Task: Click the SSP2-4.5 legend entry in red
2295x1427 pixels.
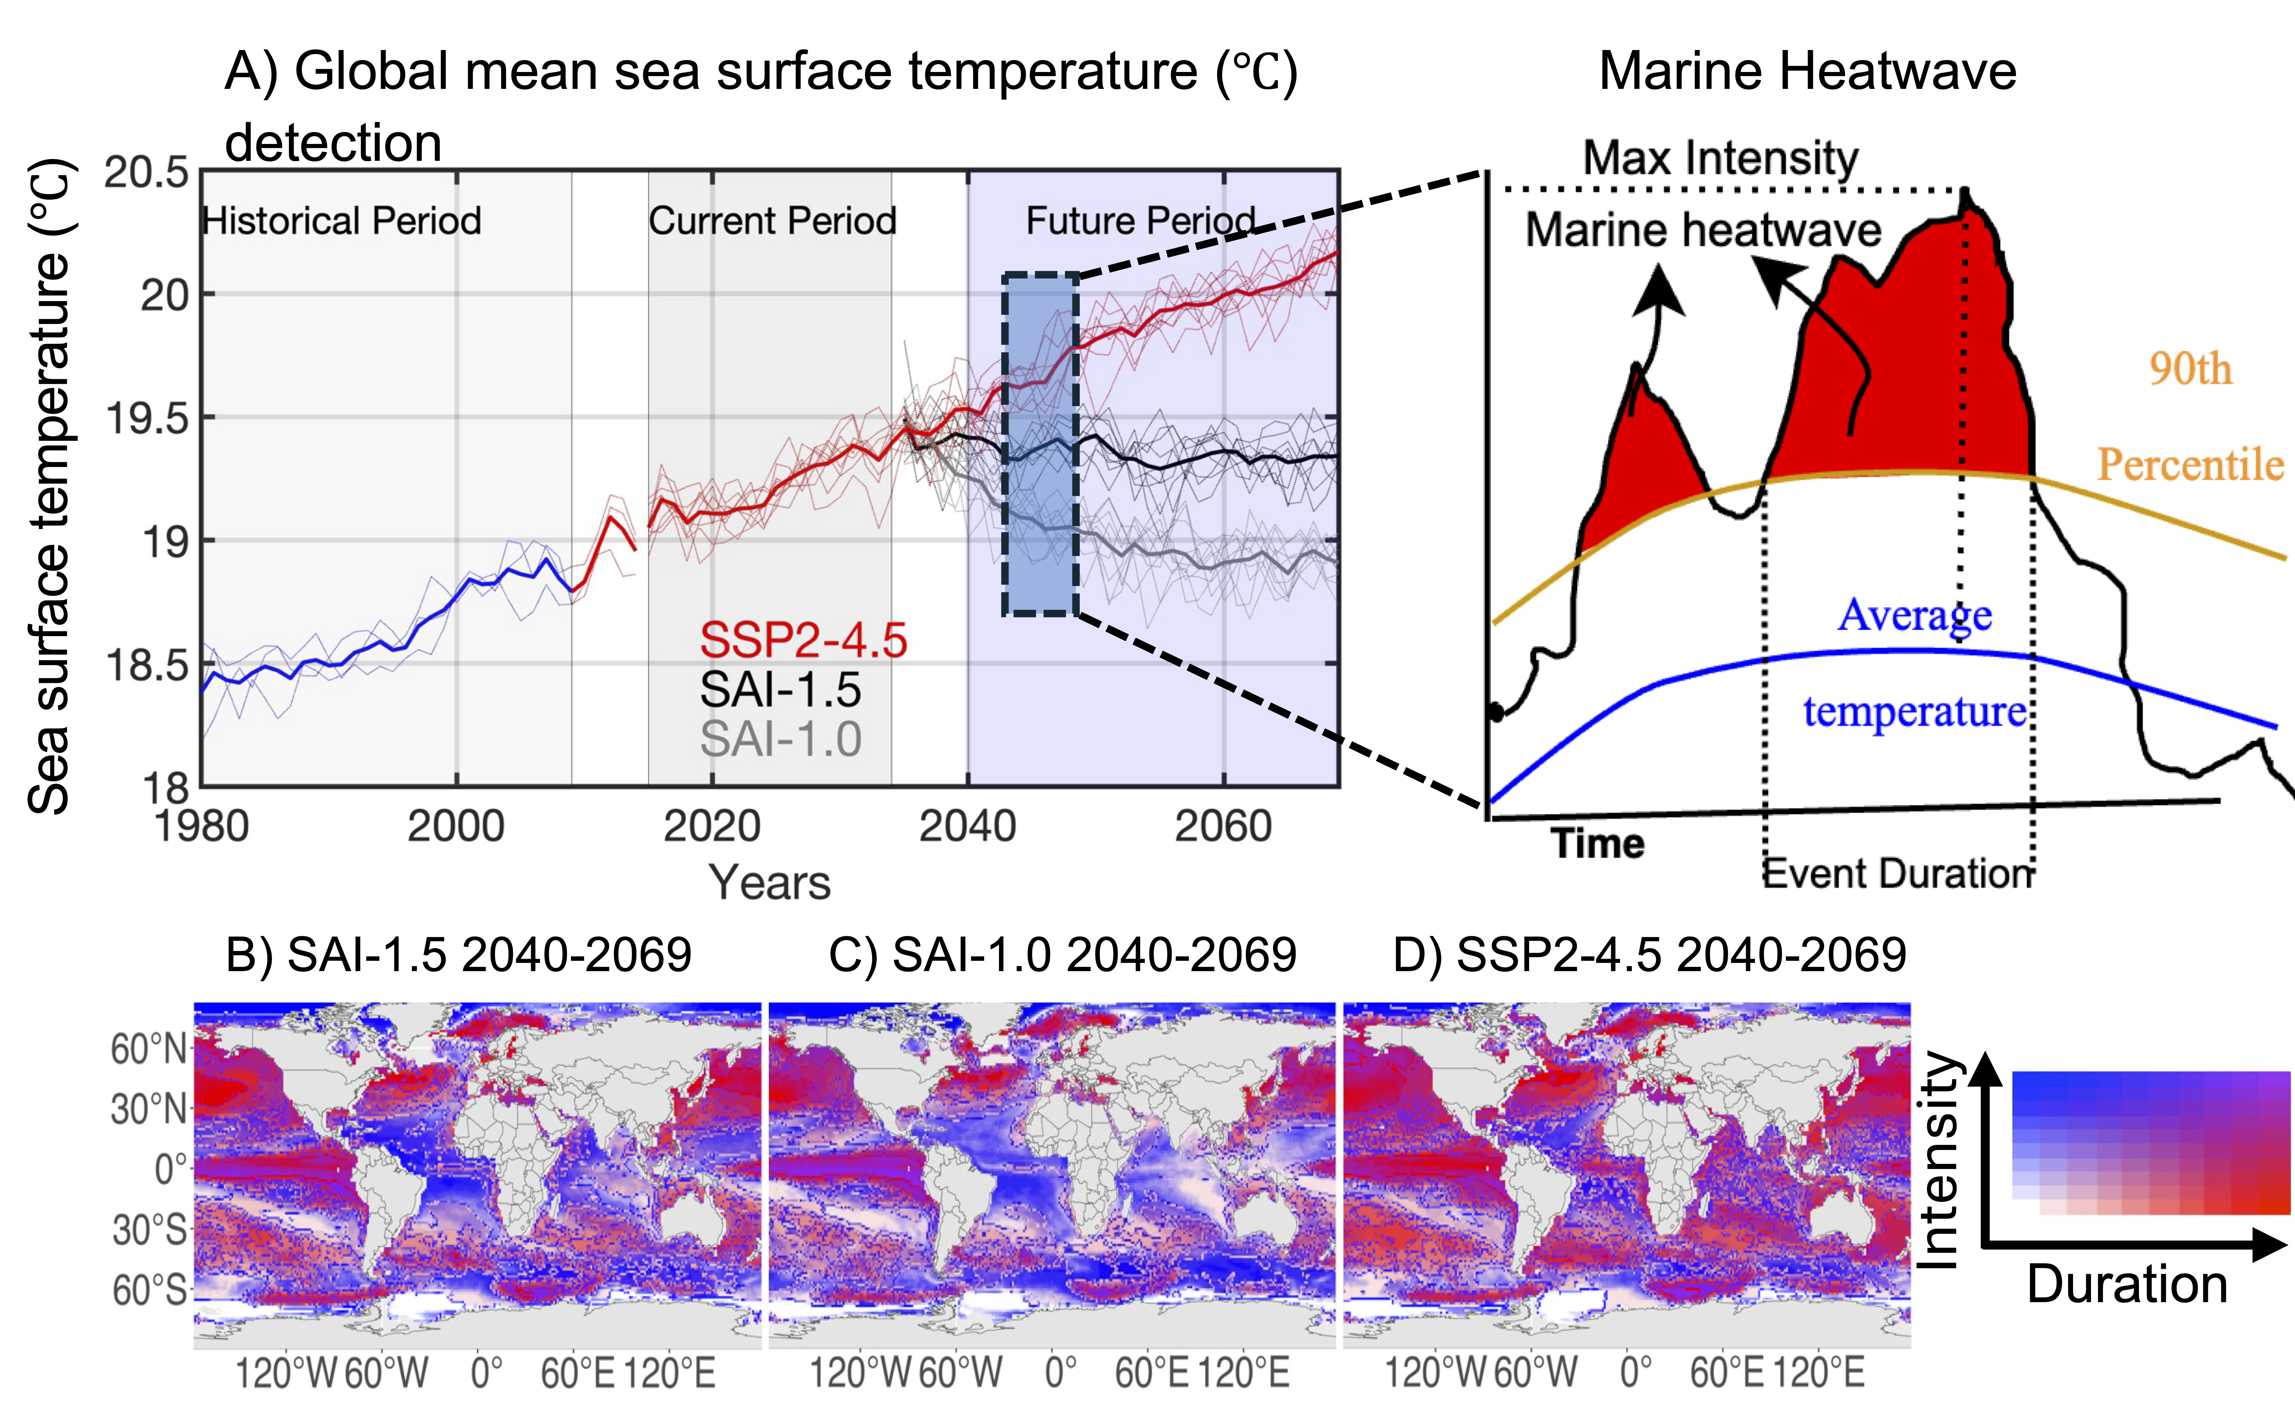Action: point(803,641)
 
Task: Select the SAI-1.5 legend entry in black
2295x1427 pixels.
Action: point(780,690)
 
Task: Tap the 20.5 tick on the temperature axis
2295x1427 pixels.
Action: point(146,173)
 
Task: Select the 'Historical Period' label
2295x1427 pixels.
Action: point(342,221)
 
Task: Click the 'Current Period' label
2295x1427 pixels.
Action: point(772,221)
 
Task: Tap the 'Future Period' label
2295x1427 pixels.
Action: point(1141,221)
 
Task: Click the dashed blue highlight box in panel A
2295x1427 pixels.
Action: point(1004,444)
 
